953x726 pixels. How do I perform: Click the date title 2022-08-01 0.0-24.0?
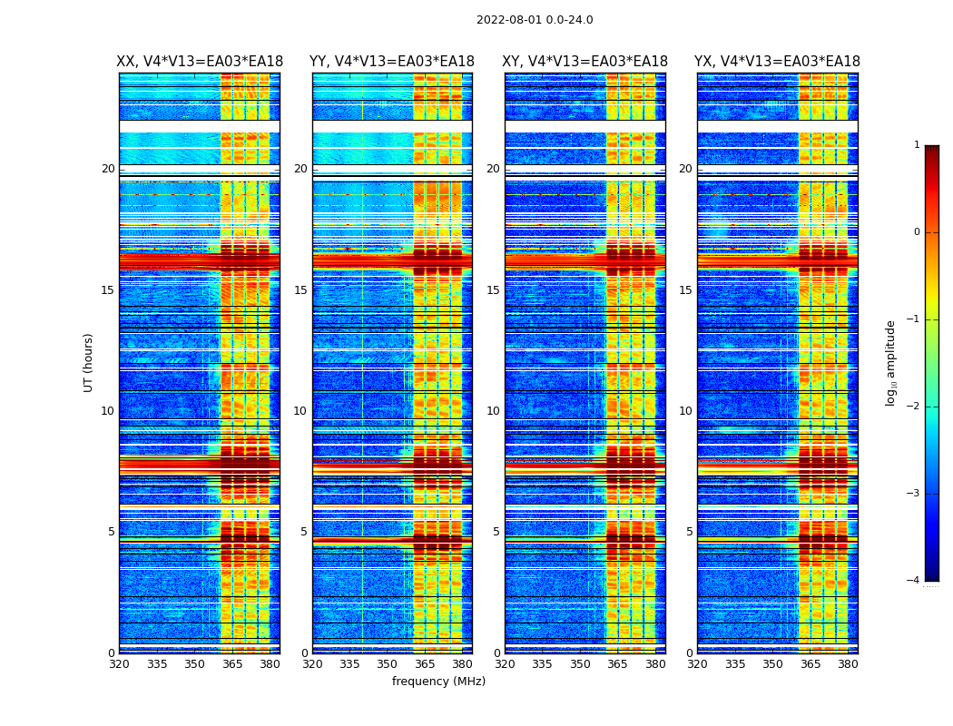(535, 20)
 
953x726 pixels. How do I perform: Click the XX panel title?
(200, 62)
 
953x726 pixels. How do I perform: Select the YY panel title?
(392, 62)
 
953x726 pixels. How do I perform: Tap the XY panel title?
(585, 62)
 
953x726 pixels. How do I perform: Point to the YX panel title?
(777, 62)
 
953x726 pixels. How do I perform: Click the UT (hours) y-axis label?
(89, 362)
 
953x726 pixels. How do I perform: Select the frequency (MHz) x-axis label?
(438, 682)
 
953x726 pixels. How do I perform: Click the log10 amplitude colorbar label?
(891, 362)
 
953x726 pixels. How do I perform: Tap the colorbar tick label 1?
(916, 145)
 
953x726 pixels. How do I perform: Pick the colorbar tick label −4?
(914, 581)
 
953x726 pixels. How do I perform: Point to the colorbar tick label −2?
(914, 407)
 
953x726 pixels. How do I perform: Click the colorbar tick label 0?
(916, 232)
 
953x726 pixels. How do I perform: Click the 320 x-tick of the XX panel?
(119, 664)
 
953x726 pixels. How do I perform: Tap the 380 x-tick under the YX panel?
(848, 664)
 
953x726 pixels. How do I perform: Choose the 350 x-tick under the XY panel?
(580, 664)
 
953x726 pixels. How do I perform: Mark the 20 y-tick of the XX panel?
(108, 169)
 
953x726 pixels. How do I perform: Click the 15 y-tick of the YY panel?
(300, 290)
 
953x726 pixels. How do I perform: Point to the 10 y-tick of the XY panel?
(493, 411)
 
